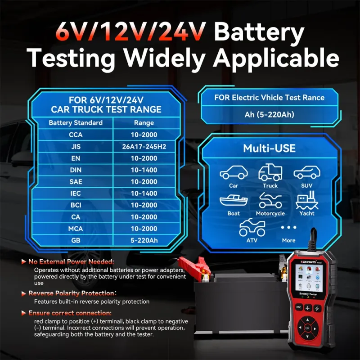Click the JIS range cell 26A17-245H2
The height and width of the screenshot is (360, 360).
click(x=144, y=147)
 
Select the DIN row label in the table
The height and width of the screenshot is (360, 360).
click(x=76, y=170)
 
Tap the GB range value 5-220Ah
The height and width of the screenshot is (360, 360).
click(x=144, y=240)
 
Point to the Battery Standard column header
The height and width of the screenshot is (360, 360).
click(x=76, y=122)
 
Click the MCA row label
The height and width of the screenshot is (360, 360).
click(x=76, y=229)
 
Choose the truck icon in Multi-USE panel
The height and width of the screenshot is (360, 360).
click(x=270, y=172)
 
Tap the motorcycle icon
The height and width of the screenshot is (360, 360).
click(x=270, y=200)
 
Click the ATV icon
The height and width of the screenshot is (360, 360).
click(x=252, y=227)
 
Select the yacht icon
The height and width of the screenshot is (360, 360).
click(x=307, y=200)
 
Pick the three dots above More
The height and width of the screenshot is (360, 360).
click(x=288, y=227)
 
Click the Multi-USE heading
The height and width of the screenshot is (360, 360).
click(x=269, y=148)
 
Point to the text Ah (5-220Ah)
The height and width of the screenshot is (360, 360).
click(x=269, y=114)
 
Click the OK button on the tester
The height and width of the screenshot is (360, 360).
click(x=307, y=328)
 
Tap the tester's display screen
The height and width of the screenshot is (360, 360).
click(x=309, y=278)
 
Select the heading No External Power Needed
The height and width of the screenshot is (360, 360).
click(x=71, y=262)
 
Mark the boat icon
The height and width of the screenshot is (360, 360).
click(x=234, y=201)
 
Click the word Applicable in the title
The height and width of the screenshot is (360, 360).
click(x=276, y=58)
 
